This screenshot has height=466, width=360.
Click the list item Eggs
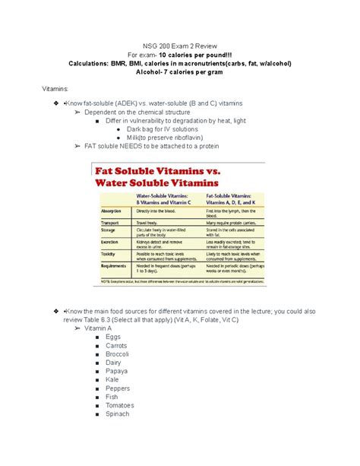click(114, 336)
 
